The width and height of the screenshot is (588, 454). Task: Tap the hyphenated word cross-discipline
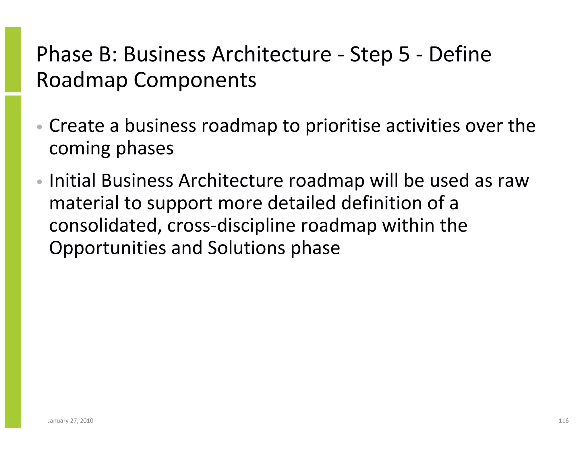(231, 226)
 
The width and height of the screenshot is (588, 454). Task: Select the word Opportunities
(108, 248)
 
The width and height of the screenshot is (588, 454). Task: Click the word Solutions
(246, 248)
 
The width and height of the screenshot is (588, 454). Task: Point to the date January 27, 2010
(70, 421)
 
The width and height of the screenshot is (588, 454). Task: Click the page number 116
(564, 421)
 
